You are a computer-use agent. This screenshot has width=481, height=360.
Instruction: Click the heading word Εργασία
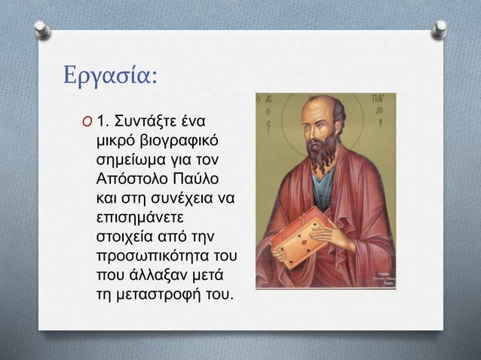coord(110,77)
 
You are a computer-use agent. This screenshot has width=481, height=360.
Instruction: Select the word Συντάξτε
coord(161,121)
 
